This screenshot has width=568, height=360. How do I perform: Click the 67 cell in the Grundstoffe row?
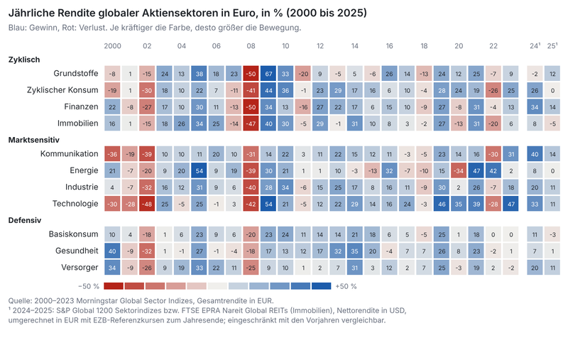coord(268,74)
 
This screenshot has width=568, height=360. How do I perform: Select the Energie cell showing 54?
coord(199,170)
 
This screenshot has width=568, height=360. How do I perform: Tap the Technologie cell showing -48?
coord(147,204)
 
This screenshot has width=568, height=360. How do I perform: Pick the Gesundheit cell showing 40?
coord(112,251)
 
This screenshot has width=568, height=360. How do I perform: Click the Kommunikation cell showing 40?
coord(535,154)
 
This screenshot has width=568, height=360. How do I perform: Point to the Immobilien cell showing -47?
coord(251,124)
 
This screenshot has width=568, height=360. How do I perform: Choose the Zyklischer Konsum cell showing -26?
coord(493,90)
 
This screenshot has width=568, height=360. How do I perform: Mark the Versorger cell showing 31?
coord(354,268)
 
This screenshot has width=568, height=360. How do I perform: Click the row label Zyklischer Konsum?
coord(62,90)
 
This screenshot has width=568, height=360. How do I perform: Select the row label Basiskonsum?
coord(74,234)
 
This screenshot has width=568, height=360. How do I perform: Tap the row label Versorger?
coord(80,267)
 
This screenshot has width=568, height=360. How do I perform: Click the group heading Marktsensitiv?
coord(33,140)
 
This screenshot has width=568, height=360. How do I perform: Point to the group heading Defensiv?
coord(25,220)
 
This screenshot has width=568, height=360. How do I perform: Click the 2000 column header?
coord(112,46)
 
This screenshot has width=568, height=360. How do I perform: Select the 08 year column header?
coord(251,46)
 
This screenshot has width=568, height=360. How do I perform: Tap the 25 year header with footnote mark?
coord(552,46)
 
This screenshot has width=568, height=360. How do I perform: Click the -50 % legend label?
coord(89,286)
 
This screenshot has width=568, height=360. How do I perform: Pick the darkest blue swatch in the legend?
coord(321,286)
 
